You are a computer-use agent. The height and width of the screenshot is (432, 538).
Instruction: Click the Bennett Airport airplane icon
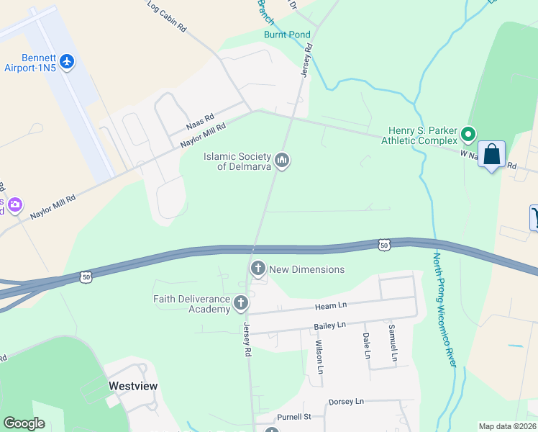tap(68, 61)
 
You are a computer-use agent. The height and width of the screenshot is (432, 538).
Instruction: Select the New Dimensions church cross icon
tap(257, 269)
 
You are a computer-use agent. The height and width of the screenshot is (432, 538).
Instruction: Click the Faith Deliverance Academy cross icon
tap(241, 305)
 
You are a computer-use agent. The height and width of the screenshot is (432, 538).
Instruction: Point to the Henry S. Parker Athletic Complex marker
tap(468, 135)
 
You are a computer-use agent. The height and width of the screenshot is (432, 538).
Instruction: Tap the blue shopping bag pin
tap(492, 155)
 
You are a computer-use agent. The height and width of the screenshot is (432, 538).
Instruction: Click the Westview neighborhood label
tap(133, 386)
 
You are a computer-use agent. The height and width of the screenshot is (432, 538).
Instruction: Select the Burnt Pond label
tap(287, 35)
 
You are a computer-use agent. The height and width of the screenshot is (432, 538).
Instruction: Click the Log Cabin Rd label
tap(167, 16)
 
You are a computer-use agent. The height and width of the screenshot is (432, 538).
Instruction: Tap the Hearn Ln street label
tap(331, 306)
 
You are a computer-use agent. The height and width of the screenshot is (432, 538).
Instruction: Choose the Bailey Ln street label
tap(330, 326)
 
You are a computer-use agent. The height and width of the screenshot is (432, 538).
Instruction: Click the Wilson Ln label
tap(319, 354)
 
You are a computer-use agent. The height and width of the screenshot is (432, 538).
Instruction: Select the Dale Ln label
tap(366, 345)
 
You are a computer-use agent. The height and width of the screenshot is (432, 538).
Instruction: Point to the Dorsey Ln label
tap(346, 401)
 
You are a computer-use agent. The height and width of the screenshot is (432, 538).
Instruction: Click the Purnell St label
tap(293, 417)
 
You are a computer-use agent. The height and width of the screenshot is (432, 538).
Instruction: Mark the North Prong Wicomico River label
tap(444, 310)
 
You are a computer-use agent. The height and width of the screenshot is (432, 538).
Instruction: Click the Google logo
tap(24, 423)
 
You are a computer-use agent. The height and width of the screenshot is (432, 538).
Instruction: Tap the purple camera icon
tap(15, 205)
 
